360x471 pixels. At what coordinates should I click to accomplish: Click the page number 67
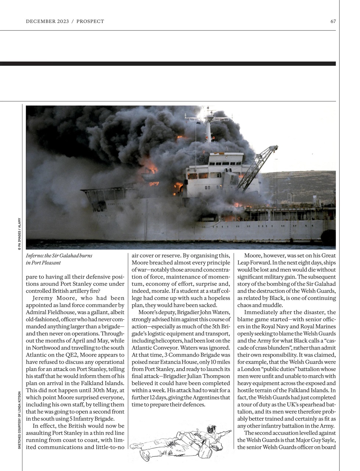pos(333,21)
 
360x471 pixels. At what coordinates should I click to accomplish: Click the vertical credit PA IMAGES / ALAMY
pos(19,234)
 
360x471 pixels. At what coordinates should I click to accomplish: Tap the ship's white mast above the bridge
pos(208,129)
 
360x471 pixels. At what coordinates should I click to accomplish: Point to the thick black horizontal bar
pos(168,64)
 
